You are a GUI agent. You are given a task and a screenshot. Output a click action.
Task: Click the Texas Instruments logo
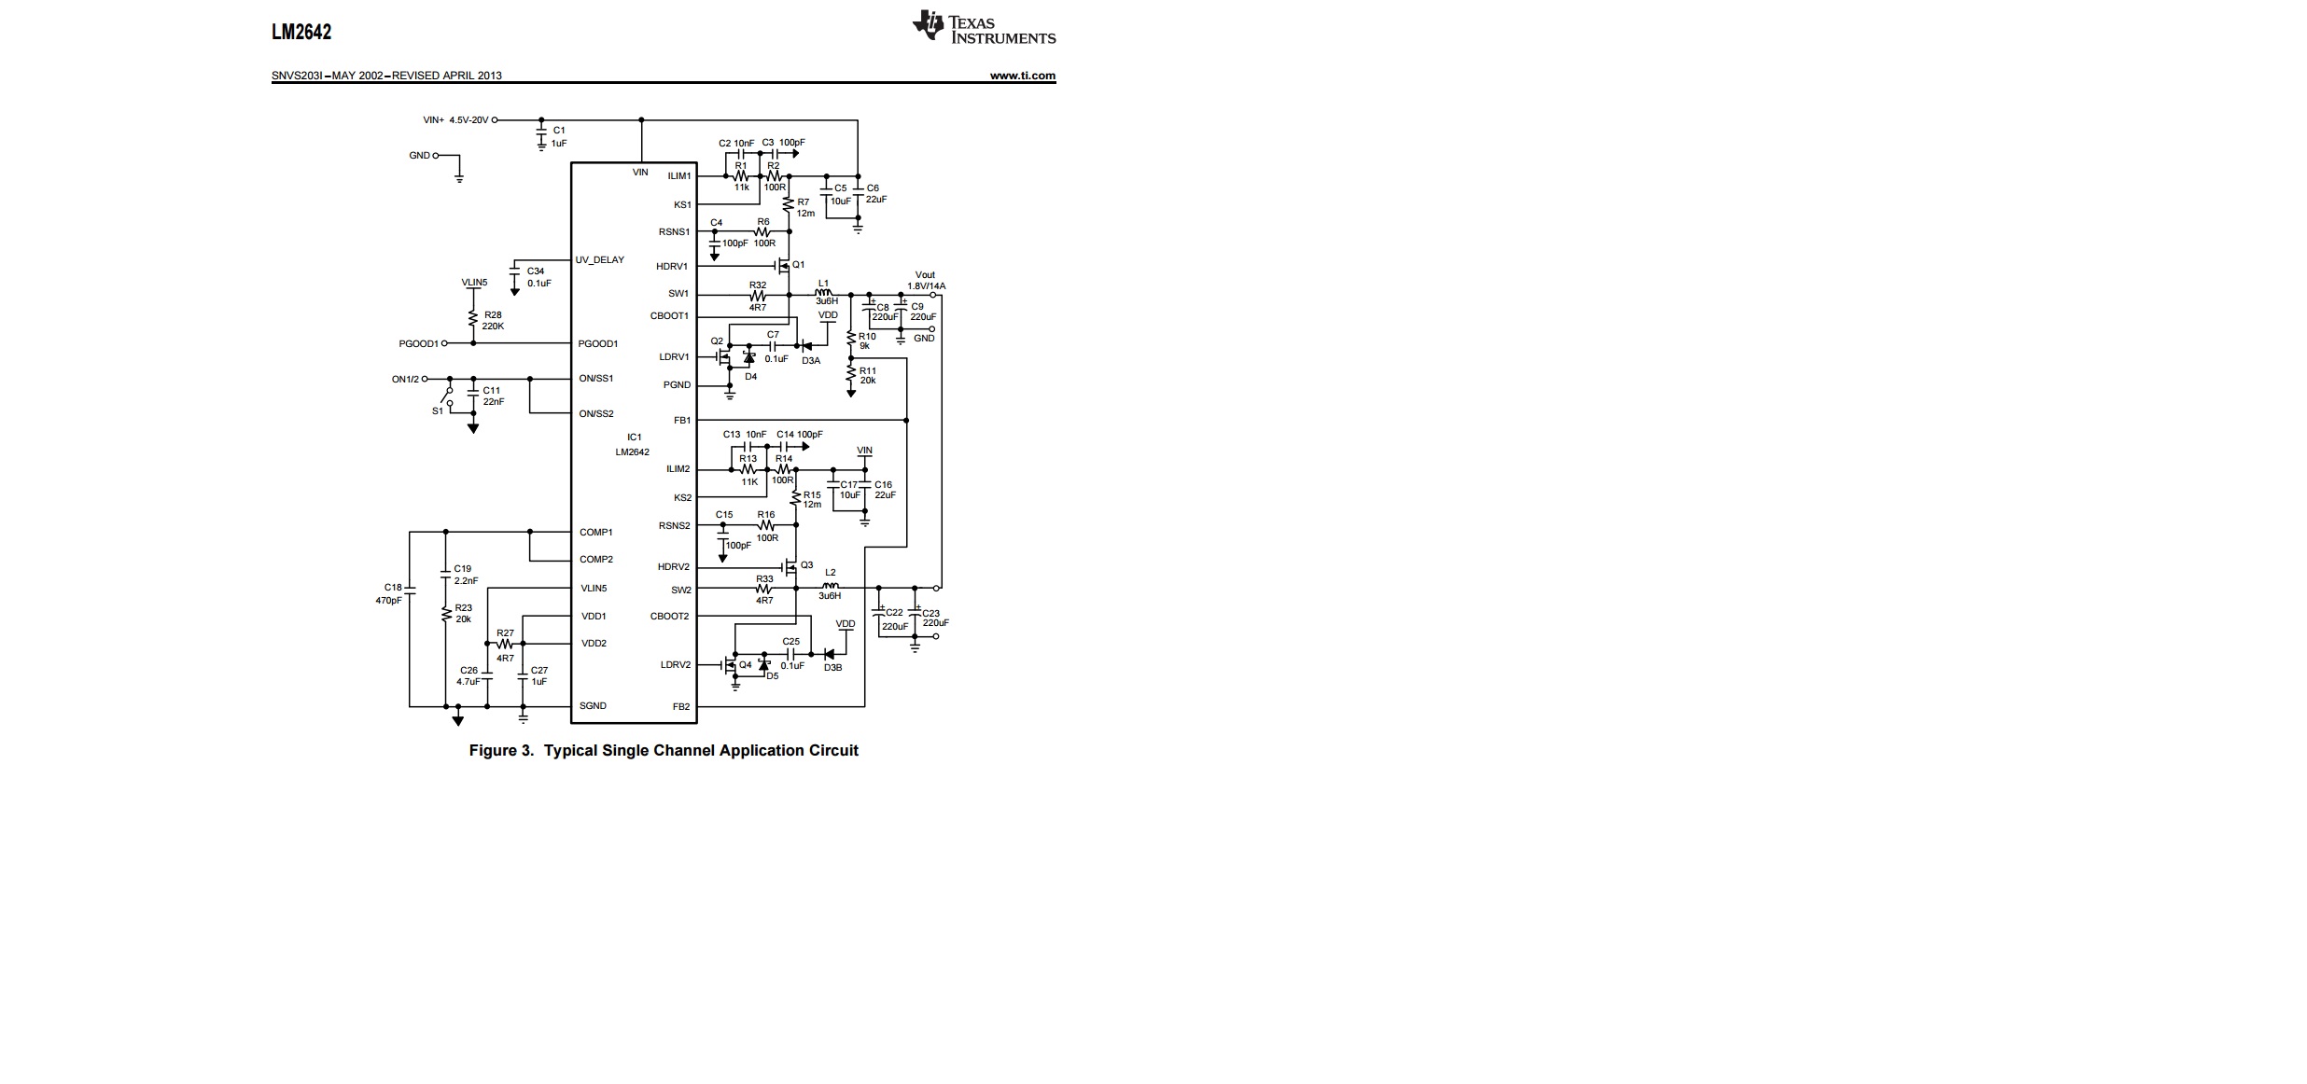pos(984,28)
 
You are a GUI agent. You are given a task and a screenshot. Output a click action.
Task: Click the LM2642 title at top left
pos(301,32)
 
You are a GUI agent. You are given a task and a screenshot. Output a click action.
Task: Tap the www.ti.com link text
pos(1022,76)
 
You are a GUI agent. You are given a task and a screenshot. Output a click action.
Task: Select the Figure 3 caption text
pos(663,750)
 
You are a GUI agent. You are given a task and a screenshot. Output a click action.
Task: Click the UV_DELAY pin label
pos(600,259)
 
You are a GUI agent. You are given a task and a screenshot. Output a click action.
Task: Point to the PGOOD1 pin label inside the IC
pos(597,343)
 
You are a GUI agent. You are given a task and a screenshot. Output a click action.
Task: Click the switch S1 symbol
pos(450,397)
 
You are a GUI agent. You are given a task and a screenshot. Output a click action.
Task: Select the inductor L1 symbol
pos(823,294)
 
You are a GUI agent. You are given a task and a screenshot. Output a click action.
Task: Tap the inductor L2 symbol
pos(830,587)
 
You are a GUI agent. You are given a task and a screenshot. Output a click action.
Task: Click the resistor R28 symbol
pos(474,320)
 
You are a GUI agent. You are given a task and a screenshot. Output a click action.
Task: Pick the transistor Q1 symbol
pos(786,267)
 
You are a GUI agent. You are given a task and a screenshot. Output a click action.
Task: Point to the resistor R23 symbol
pos(446,614)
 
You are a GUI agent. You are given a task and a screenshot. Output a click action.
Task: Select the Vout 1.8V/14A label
pos(926,281)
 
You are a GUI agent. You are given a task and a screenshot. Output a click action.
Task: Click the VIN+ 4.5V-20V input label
pos(455,120)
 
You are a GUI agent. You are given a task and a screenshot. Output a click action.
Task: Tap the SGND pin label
pos(593,705)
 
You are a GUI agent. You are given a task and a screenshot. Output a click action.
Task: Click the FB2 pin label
pos(681,706)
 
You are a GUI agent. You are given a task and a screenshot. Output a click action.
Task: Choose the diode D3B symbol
pos(829,654)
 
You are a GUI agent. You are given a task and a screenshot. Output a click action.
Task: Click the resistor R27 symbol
pos(505,644)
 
